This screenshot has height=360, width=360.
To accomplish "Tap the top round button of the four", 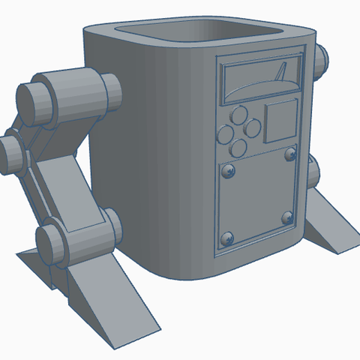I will tap(239, 115).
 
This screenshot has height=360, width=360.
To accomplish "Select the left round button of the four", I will tap(224, 134).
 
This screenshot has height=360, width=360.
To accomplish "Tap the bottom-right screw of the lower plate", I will tap(286, 218).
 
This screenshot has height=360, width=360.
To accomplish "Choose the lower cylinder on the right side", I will tap(314, 174).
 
